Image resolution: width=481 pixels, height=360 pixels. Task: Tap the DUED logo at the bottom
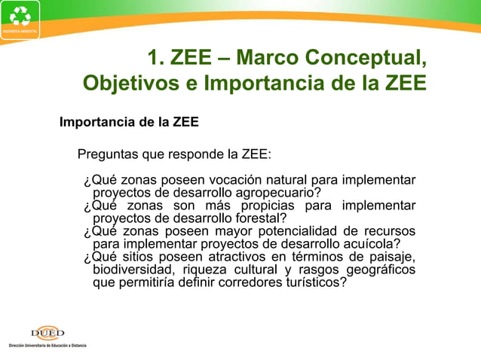pos(47,333)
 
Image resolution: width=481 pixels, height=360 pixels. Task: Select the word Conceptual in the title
pos(368,57)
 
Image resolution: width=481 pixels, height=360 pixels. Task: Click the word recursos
pos(389,231)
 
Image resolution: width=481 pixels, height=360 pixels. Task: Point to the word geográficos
pos(380,270)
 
